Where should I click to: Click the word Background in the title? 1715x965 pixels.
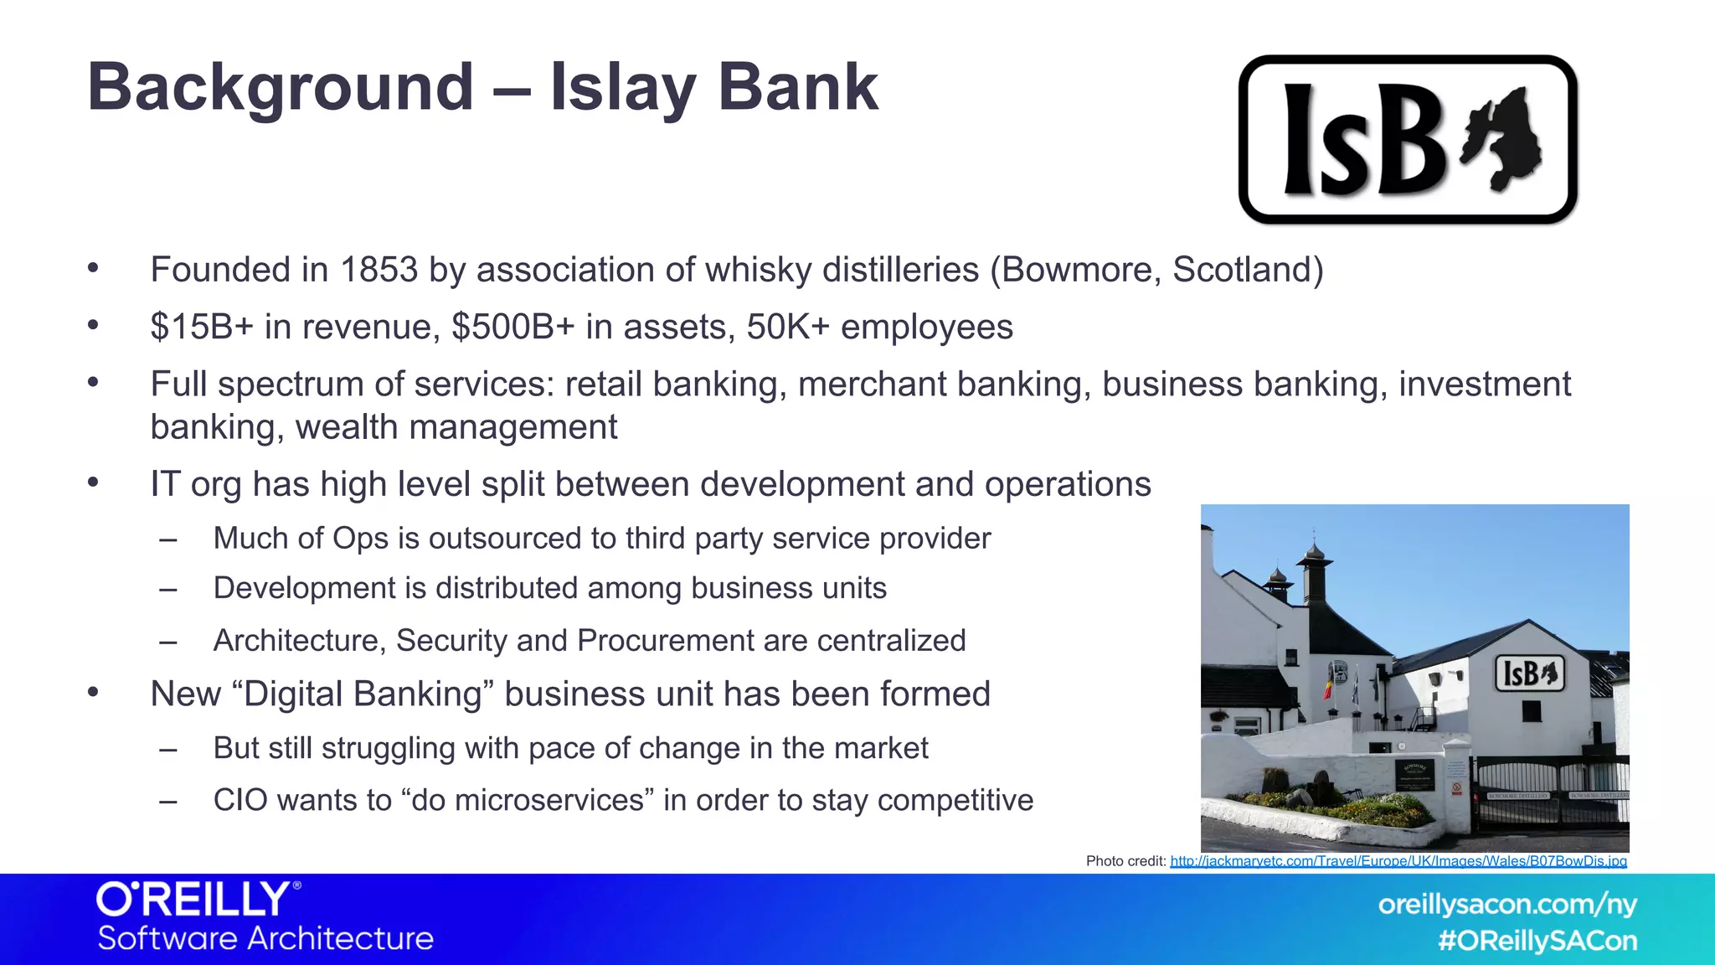[x=281, y=88]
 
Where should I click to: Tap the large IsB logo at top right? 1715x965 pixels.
[x=1407, y=140]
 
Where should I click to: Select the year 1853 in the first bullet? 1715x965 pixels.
[x=379, y=270]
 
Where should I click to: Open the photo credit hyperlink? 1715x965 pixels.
[x=1398, y=861]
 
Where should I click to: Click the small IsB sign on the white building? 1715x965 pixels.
[x=1529, y=673]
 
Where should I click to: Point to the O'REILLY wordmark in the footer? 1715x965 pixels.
[x=198, y=900]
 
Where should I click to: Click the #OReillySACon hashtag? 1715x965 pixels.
[x=1537, y=941]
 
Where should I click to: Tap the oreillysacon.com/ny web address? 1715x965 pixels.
[x=1507, y=905]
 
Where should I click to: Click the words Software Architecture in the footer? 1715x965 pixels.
[x=265, y=938]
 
